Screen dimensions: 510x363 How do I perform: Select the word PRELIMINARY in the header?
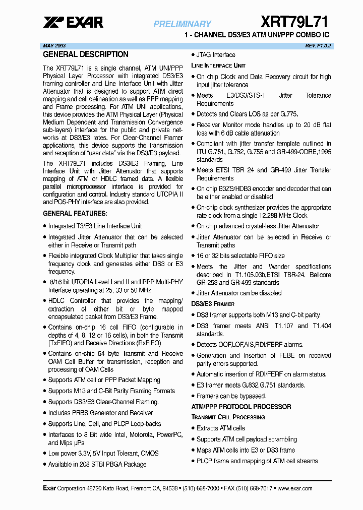click(183, 24)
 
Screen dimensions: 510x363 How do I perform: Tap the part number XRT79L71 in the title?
click(294, 22)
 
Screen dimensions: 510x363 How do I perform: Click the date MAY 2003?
click(54, 45)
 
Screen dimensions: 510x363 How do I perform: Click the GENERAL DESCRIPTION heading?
click(86, 54)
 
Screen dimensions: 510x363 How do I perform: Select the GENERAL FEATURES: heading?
click(75, 214)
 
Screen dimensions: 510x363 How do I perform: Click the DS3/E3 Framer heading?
click(213, 304)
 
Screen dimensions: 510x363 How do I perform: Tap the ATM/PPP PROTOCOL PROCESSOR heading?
click(241, 407)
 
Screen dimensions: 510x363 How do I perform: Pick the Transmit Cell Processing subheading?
click(228, 417)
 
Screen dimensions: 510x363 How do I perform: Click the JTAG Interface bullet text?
click(216, 55)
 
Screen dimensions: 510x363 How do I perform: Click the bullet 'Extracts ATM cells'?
click(221, 428)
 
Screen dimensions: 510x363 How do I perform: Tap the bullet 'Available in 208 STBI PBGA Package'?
click(97, 464)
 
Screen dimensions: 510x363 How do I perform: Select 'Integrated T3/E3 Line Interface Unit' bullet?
click(95, 226)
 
